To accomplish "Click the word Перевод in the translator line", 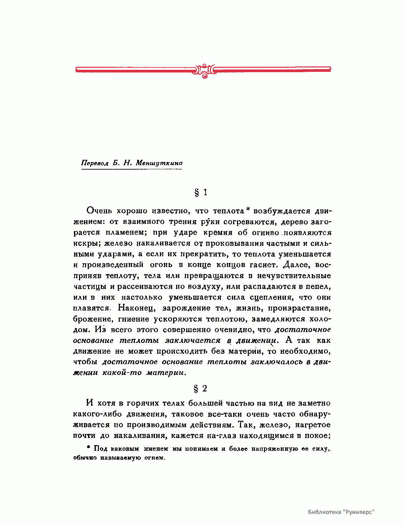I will point(95,163).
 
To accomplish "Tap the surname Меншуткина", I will point(159,163).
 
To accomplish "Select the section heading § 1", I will point(201,193).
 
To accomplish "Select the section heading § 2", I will point(200,389).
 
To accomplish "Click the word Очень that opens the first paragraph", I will point(100,211).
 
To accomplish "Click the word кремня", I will point(218,233).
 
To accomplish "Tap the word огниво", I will point(266,233).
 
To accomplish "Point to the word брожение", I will point(92,319).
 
